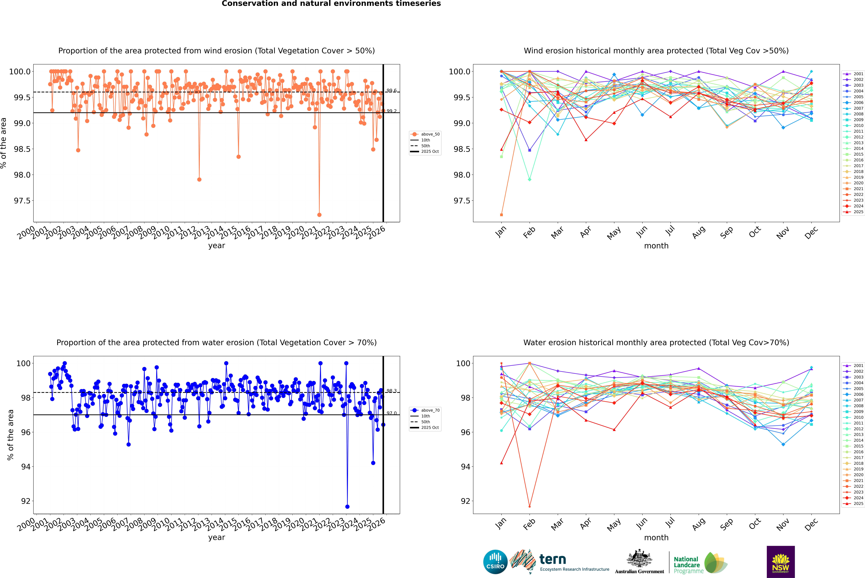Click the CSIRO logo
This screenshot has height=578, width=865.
point(495,562)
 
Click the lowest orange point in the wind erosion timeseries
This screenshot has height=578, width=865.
point(319,215)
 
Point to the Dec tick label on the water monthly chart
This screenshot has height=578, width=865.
point(811,524)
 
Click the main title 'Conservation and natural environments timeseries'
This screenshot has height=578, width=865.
point(331,4)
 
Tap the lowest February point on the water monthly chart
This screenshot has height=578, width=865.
point(529,506)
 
